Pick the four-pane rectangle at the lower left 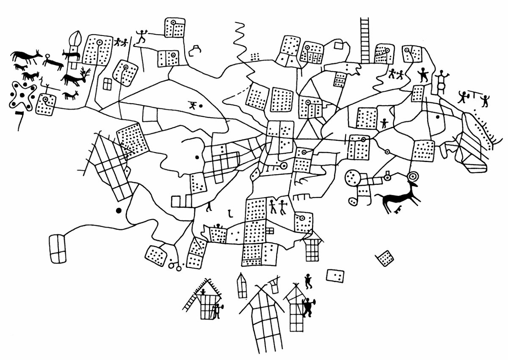(58, 249)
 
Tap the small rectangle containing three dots (335, 276)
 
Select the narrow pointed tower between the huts (242, 286)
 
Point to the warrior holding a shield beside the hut (308, 306)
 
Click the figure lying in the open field (193, 104)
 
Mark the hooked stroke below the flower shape (19, 119)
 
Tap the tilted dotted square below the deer (385, 258)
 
